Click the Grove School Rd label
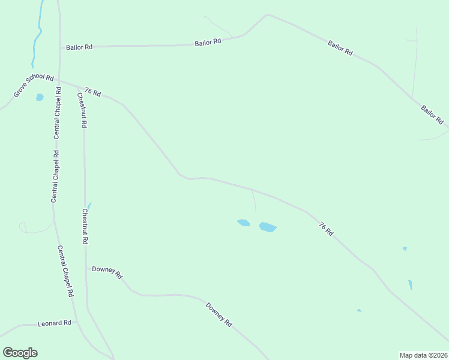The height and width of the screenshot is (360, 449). point(34,86)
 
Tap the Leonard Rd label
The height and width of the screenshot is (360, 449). point(55,323)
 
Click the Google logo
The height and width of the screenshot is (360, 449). point(20,353)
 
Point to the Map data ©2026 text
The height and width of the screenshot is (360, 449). point(423,355)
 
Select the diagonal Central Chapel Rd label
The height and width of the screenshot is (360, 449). point(65,271)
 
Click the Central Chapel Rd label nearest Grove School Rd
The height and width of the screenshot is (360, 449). point(58,113)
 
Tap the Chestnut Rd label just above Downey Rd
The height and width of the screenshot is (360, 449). point(85,226)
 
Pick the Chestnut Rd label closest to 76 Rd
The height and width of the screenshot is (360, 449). point(83,110)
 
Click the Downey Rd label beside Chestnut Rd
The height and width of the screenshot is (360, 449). point(107,272)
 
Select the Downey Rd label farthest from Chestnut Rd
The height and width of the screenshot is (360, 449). point(219,314)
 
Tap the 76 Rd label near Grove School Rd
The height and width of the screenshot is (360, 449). point(92,92)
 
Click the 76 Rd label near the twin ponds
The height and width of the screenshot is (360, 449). point(326,229)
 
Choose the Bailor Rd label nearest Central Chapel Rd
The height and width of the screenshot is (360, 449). point(79,46)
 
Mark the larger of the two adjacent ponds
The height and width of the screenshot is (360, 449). point(268,227)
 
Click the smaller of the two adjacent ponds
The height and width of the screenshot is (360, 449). point(243,223)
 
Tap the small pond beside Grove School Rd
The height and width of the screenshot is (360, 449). point(40,97)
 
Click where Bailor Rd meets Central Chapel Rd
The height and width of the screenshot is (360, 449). point(59,47)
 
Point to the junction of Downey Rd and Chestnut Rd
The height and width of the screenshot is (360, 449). point(86,269)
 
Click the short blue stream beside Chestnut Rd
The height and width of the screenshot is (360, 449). point(89,205)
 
